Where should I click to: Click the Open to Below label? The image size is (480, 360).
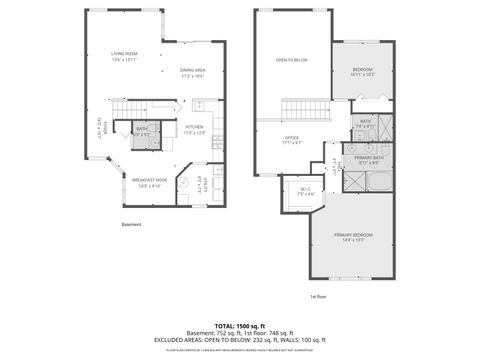291,60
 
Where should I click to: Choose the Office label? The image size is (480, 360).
293,140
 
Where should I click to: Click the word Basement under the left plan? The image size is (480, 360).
132,224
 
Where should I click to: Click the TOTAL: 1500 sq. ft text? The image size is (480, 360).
239,326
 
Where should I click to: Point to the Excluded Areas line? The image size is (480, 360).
239,341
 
